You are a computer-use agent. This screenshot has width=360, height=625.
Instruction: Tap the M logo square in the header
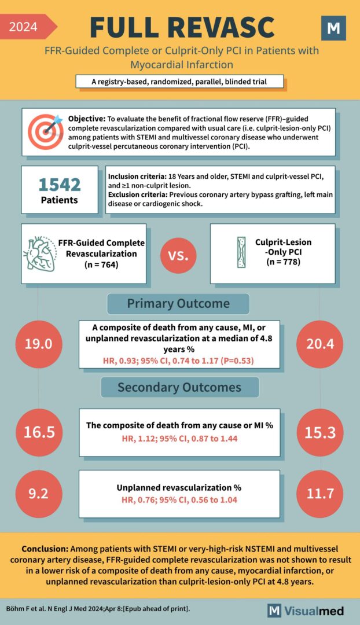333,28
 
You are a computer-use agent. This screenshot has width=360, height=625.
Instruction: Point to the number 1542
60,185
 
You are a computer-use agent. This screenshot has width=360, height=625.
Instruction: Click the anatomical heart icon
39,253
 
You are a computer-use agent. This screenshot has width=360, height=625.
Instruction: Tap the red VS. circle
178,255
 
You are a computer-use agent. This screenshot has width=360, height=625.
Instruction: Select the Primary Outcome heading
178,304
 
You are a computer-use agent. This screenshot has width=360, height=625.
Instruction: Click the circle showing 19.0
39,344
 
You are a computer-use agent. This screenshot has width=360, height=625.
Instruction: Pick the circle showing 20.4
320,344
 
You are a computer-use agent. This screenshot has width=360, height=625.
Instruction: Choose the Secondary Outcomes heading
179,387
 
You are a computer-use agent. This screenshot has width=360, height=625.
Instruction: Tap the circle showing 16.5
39,432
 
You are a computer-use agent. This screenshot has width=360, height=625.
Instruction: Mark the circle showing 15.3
320,432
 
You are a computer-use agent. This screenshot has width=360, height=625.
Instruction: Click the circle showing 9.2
39,493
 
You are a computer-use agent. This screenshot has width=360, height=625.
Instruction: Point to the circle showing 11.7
320,493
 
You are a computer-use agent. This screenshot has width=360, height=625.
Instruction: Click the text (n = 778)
284,262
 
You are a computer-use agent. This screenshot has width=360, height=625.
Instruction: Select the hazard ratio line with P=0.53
179,361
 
